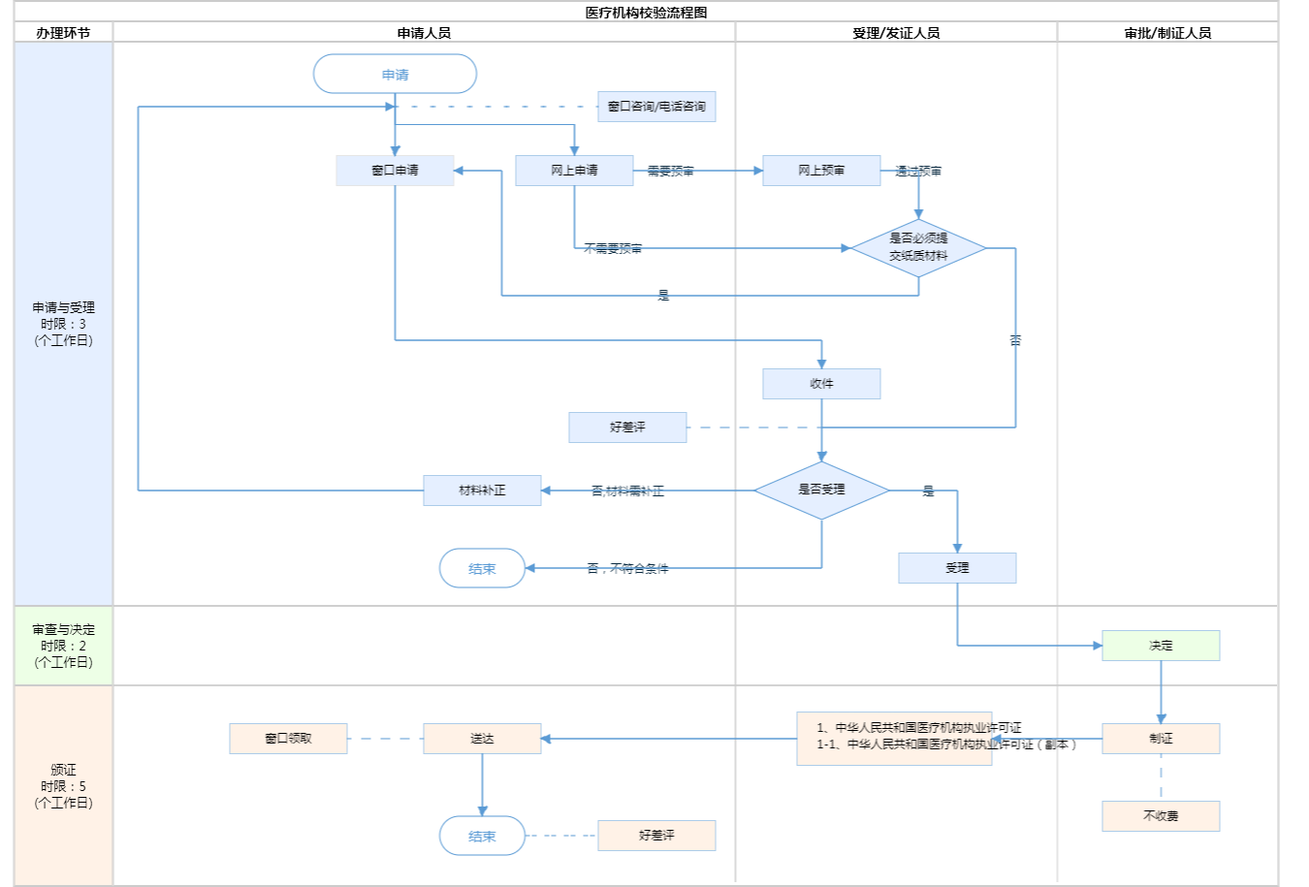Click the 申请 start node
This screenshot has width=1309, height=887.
tap(395, 74)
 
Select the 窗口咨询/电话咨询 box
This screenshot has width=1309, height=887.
tap(656, 107)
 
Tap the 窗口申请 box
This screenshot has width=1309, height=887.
tap(395, 171)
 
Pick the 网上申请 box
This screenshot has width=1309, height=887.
tap(574, 171)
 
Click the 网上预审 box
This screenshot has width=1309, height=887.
tap(821, 171)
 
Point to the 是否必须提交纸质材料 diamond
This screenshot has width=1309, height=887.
tap(918, 248)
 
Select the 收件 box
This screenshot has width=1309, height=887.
tap(821, 384)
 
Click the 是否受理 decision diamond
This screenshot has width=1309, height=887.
tap(821, 491)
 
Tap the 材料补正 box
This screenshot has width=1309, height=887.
tap(482, 491)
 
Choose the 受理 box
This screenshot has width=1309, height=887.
tap(957, 568)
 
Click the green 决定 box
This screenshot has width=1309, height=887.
tap(1161, 646)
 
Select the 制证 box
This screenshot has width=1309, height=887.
tap(1161, 739)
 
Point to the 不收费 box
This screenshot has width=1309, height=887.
tap(1161, 816)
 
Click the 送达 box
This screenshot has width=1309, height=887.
tap(482, 739)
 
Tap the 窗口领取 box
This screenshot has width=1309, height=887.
tap(288, 739)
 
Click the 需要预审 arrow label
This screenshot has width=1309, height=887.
tap(670, 172)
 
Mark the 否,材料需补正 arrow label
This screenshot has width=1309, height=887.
tap(627, 491)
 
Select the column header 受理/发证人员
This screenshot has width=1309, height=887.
tap(896, 33)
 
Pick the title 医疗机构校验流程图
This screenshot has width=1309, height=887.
tap(646, 13)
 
